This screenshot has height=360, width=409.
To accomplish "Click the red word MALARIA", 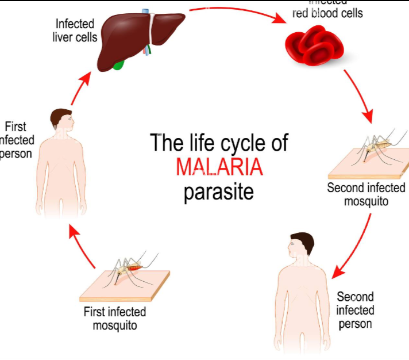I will tap(219, 167).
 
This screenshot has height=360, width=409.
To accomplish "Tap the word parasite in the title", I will tap(218, 192).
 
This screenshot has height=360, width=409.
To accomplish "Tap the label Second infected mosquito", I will tap(366, 194).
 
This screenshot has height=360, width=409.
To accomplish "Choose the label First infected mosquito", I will tap(115, 318).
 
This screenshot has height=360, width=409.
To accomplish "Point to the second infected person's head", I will tap(301, 246).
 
